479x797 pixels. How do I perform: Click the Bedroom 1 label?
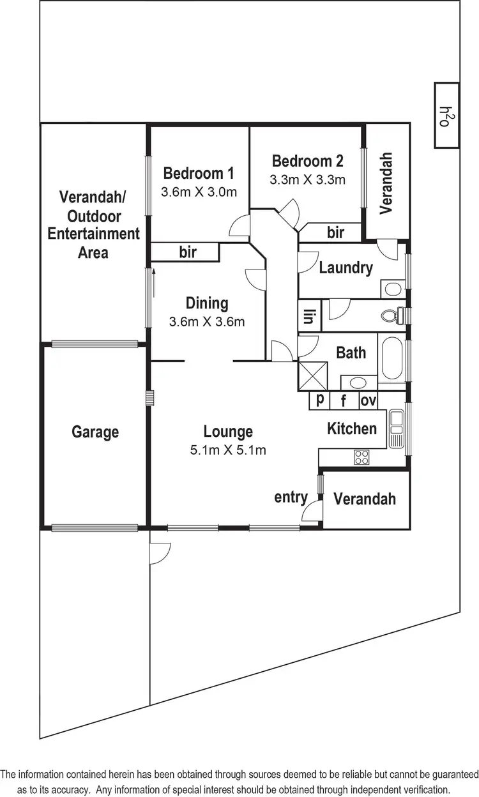coord(199,172)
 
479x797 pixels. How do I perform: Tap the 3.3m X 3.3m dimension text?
coord(307,180)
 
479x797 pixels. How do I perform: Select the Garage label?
coord(95,432)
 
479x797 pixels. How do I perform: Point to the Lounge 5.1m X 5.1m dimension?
coord(228,450)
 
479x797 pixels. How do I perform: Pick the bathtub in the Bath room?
coord(392,361)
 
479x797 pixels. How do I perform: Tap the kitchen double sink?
coord(397,428)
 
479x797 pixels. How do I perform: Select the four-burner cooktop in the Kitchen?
coord(362,457)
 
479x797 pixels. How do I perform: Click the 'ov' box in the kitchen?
coord(368,401)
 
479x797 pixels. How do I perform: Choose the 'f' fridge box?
coord(343,401)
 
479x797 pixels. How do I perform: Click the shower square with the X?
coord(312,376)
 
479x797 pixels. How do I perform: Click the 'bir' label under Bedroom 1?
coord(187,252)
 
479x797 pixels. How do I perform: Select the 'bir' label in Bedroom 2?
coord(336,233)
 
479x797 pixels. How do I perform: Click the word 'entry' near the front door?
coord(291,497)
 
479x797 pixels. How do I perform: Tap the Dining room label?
coord(206,303)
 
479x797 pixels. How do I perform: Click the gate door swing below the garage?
coord(160,552)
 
